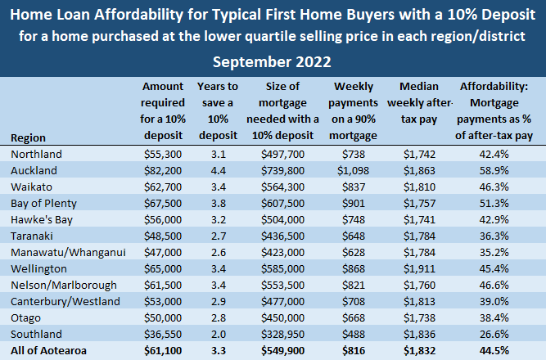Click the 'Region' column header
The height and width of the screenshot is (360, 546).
[29, 137]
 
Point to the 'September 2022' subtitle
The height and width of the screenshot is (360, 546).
[273, 62]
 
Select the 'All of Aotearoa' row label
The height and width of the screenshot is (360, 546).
[48, 351]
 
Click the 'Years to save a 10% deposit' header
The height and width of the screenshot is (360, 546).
[218, 110]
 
